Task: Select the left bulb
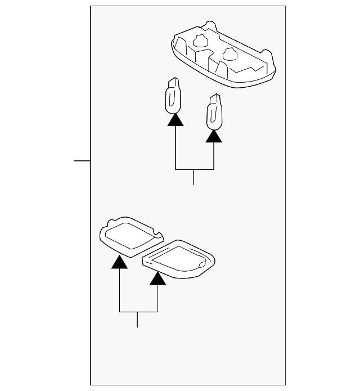tap(173, 96)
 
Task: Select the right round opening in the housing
tap(229, 53)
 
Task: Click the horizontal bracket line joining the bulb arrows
tap(195, 169)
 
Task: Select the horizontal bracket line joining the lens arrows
tap(138, 311)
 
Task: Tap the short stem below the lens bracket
tap(137, 319)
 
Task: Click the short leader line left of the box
tap(82, 160)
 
